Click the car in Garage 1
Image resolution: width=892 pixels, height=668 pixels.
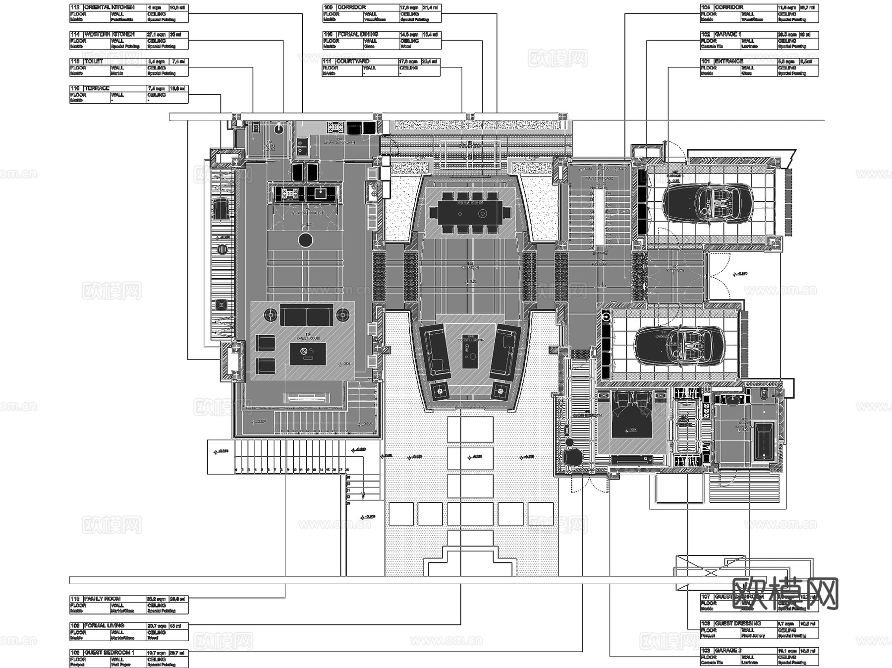708,203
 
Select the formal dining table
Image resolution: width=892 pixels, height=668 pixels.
470,212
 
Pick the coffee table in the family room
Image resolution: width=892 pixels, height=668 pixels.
307,354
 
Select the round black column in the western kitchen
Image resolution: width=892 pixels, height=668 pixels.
306,241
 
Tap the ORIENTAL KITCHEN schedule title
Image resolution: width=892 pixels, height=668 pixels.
109,7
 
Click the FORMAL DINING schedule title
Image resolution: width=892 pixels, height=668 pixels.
358,34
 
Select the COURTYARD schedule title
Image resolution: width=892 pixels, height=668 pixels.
352,61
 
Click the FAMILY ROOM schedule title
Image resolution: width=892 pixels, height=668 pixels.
102,599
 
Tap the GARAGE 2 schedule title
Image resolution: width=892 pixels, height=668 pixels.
728,650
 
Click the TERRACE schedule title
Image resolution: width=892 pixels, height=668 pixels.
97,88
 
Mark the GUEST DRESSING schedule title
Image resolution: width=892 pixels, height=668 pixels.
737,623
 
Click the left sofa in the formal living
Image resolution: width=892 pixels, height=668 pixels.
435,351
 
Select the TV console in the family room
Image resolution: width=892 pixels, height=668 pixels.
306,396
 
